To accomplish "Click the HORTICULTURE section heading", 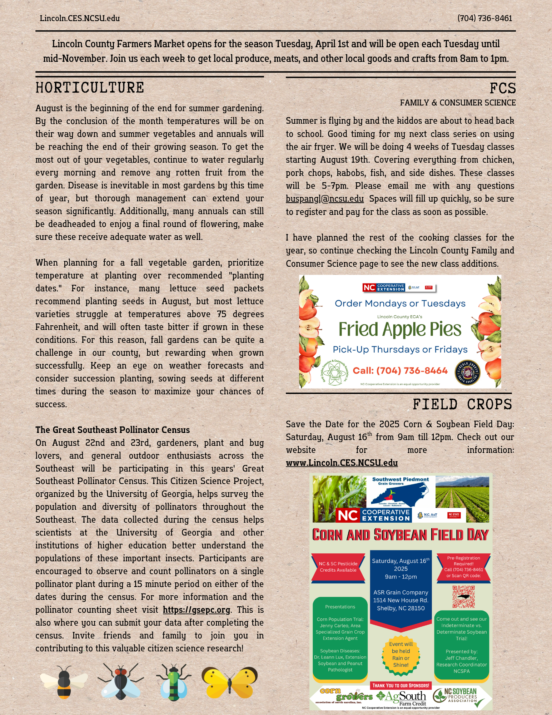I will tap(90, 88).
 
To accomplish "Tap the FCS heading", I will tap(502, 88).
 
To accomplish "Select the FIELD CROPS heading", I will tap(462, 404).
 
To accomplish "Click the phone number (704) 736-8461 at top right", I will tap(484, 18).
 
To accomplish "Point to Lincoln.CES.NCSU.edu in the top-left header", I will tap(80, 18).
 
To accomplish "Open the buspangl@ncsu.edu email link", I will tap(324, 199).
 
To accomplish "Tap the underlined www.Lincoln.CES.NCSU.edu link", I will tap(342, 463).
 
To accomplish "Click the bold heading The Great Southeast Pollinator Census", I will tap(113, 430).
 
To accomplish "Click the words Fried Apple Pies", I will tap(400, 330).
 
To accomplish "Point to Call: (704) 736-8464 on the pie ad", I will tap(400, 371).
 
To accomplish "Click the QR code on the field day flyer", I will tap(463, 597).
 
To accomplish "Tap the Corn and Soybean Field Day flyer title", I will tap(400, 535).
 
